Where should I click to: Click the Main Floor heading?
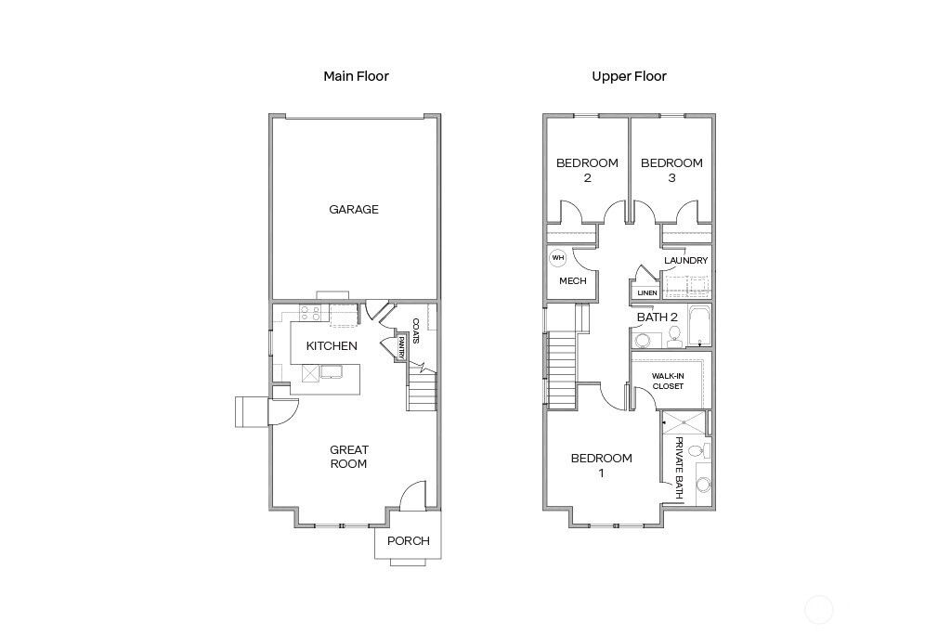pos(356,76)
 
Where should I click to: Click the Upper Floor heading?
pos(629,76)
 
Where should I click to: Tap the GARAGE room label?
pos(354,209)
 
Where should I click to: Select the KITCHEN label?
pos(332,346)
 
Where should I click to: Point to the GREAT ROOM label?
pos(349,457)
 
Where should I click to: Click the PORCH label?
pos(409,541)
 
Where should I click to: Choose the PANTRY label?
pos(401,348)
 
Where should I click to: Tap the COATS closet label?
pos(415,331)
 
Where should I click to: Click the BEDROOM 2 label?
pos(587,170)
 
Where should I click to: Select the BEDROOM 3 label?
pos(671,170)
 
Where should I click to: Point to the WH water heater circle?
pos(558,259)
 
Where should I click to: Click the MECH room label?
pos(572,280)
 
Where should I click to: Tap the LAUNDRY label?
pos(686,261)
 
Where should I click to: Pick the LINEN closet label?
pos(646,293)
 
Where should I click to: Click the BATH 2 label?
pos(658,317)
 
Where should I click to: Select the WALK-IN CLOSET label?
pos(668,381)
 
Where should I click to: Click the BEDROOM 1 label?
pos(601,465)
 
